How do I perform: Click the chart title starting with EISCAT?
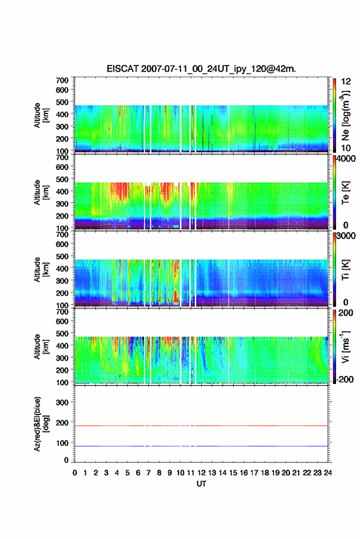click(x=201, y=69)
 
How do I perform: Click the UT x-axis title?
click(x=201, y=484)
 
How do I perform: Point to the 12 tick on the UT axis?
click(x=201, y=473)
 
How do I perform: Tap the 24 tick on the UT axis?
click(x=327, y=473)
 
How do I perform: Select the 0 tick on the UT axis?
click(x=75, y=473)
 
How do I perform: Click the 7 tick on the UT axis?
click(x=148, y=473)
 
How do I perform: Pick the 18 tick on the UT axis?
click(x=264, y=473)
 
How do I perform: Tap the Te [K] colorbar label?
click(x=345, y=193)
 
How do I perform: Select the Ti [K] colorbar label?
click(x=345, y=270)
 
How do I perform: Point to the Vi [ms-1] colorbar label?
click(x=345, y=346)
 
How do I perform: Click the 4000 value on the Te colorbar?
click(x=346, y=159)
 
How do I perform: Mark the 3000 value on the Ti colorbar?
click(x=346, y=236)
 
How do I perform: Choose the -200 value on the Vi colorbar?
click(x=345, y=379)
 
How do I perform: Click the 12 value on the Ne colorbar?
click(x=346, y=82)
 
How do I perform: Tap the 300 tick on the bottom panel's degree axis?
click(x=62, y=402)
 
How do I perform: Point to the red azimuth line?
click(x=201, y=426)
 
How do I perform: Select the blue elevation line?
click(x=201, y=446)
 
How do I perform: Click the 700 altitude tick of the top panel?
click(x=62, y=80)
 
